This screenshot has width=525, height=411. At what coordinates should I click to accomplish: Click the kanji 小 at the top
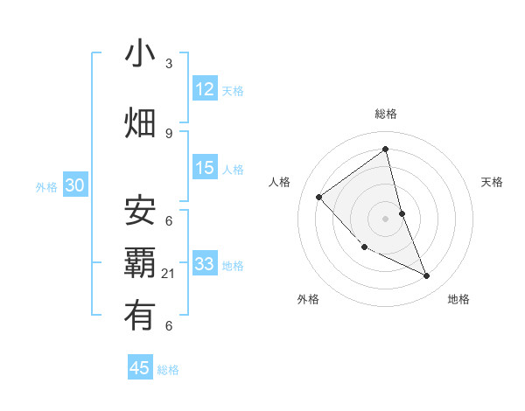(140, 53)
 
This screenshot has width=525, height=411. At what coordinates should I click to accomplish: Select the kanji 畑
(140, 123)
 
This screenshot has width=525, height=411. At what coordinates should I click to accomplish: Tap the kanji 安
(140, 211)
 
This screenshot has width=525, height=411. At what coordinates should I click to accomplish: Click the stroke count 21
(169, 274)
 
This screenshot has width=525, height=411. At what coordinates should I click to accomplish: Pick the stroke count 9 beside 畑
(169, 133)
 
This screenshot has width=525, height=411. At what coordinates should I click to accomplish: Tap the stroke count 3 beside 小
(169, 64)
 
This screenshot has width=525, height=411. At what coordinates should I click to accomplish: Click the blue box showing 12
(205, 89)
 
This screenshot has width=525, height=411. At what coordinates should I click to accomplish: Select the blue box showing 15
(205, 168)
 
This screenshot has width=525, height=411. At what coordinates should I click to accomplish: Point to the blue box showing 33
(205, 264)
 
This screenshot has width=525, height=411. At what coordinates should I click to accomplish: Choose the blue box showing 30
(73, 185)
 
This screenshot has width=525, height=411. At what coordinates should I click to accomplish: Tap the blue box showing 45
(140, 368)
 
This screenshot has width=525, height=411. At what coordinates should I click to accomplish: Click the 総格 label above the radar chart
(385, 114)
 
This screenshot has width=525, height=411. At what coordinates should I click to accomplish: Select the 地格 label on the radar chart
(458, 299)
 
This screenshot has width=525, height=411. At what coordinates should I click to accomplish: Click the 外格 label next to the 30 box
(46, 186)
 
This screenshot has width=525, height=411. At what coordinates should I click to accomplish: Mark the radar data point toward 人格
(319, 197)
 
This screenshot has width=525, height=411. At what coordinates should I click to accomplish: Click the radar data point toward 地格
(427, 276)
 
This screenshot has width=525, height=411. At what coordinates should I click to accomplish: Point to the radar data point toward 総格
(385, 150)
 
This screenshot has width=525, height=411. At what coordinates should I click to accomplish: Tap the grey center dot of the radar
(385, 218)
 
